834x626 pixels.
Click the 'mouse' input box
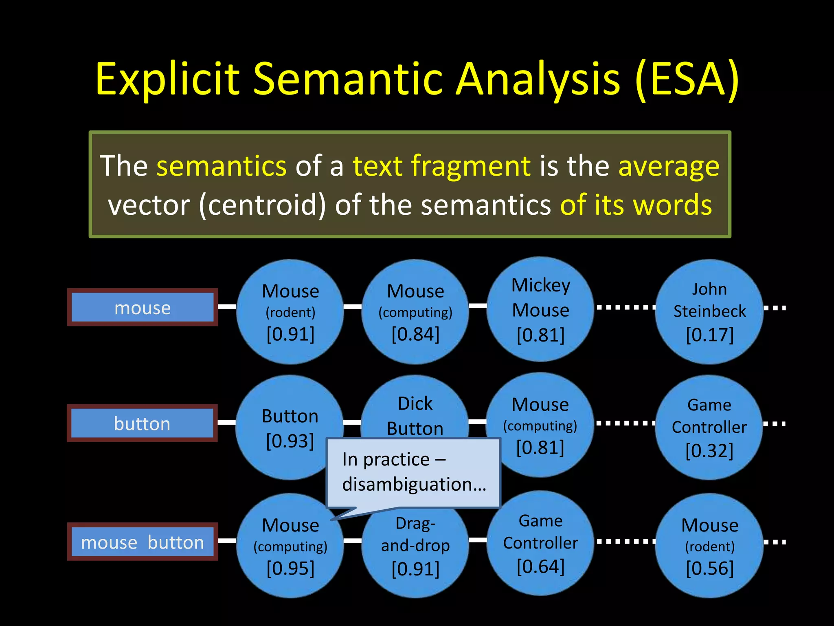click(142, 308)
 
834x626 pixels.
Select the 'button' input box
click(142, 423)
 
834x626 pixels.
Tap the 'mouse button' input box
click(142, 542)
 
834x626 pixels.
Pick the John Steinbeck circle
click(709, 311)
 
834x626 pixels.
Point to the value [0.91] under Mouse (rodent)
click(290, 334)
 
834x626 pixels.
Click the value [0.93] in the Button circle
click(290, 441)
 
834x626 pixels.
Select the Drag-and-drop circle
click(415, 550)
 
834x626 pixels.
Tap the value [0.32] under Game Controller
click(709, 451)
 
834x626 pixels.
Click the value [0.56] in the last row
click(709, 568)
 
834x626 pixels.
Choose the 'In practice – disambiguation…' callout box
click(413, 473)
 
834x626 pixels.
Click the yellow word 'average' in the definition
click(669, 166)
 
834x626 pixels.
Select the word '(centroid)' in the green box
click(262, 205)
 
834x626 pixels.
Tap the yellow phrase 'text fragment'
click(441, 166)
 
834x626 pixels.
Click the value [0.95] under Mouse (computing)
click(290, 568)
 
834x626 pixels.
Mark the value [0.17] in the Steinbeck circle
click(709, 335)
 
